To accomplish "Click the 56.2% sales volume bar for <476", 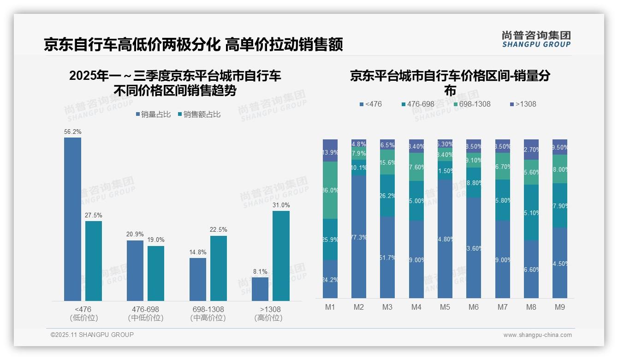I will [72, 219].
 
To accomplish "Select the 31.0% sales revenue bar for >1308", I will [281, 256].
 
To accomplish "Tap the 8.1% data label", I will [260, 272].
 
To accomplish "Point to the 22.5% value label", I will [218, 230].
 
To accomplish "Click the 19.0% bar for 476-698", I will [156, 273].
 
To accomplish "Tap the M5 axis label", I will [445, 307].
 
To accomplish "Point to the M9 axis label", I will [559, 307].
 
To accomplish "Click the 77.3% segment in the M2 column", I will [359, 237].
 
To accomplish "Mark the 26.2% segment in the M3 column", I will [387, 196].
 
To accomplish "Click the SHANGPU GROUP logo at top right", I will [536, 39].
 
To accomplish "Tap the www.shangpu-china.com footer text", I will [537, 335].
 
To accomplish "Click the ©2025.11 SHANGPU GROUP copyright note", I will [92, 335].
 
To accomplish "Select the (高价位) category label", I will [268, 318].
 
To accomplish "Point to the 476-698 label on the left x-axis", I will [146, 309].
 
